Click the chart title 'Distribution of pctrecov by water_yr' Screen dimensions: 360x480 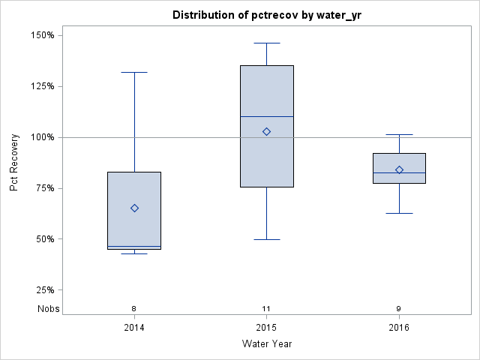266,15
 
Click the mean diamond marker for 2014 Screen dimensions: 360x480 134,208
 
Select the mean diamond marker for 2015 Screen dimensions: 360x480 266,131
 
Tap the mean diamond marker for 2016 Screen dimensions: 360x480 399,169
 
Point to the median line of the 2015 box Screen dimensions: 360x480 266,116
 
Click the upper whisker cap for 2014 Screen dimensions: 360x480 134,72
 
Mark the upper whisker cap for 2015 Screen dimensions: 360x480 266,43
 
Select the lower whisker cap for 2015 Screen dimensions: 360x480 266,239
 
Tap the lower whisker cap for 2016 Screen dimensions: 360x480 399,213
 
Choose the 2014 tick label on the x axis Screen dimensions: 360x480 134,328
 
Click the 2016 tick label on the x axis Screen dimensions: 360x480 399,328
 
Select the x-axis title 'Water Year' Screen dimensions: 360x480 266,344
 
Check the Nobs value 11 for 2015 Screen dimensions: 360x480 266,308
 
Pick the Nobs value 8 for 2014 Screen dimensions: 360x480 134,308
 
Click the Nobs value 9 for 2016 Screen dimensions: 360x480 399,308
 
